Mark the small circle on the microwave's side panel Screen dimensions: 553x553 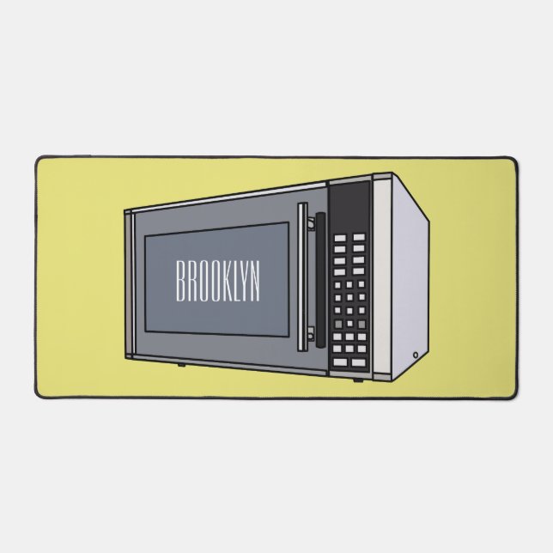tap(416, 354)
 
